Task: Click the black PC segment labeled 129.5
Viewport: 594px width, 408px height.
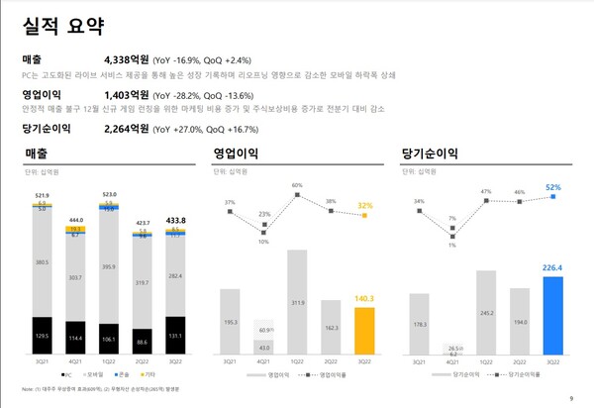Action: [x=43, y=337]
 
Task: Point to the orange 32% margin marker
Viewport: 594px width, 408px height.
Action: [x=365, y=216]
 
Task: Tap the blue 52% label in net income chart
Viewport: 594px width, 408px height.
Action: [x=552, y=186]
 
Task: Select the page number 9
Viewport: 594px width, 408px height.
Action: [x=571, y=398]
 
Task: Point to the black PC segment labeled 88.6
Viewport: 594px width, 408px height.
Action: [x=143, y=342]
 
